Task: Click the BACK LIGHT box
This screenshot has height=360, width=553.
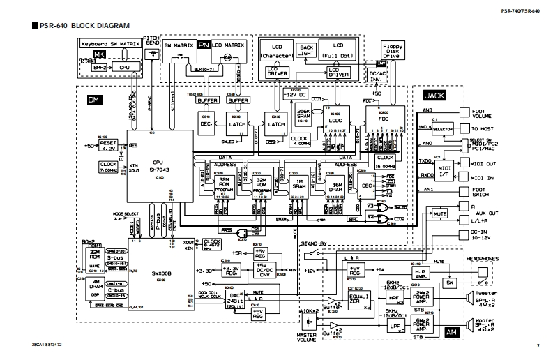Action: pos(308,50)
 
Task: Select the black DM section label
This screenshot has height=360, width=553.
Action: pos(94,100)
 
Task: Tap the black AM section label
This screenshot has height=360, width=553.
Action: pos(450,333)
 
